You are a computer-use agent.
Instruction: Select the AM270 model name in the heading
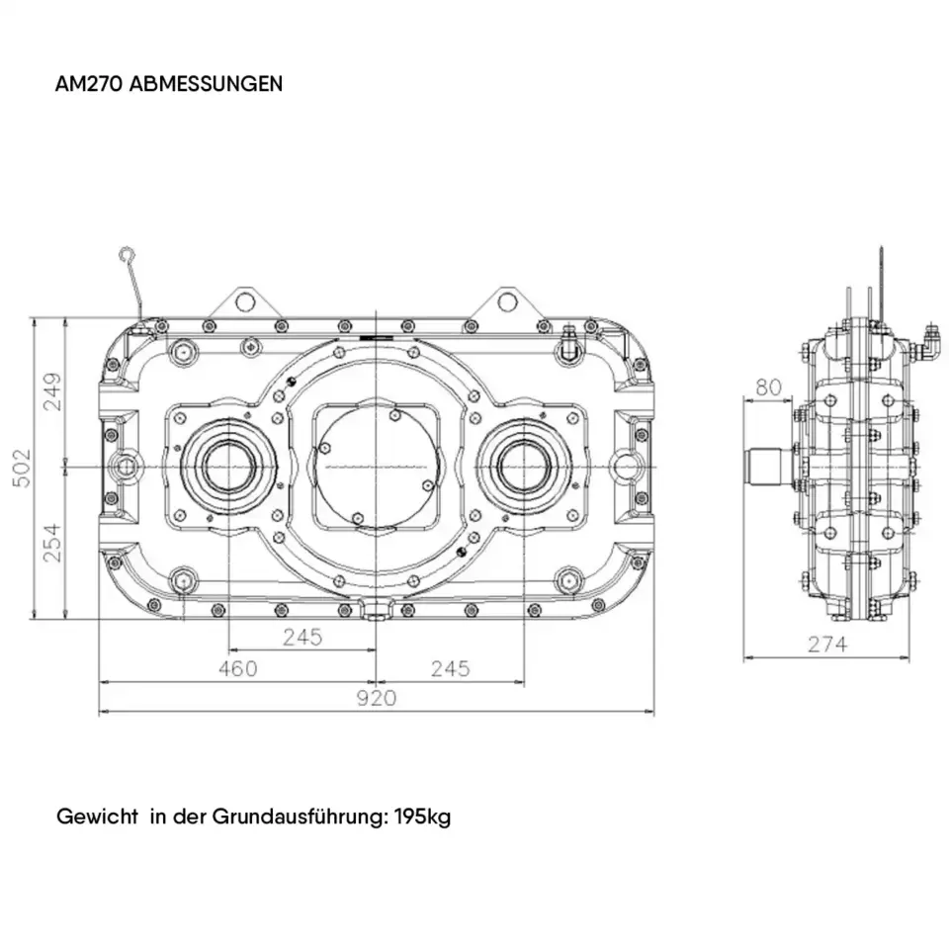(91, 83)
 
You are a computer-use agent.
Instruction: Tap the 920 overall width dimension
(376, 698)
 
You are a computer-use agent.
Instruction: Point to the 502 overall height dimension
(20, 468)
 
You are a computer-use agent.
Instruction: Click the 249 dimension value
(51, 390)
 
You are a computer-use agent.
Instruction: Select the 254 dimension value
(51, 542)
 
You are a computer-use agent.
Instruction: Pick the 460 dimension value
(237, 669)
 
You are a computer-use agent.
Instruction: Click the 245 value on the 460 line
(450, 669)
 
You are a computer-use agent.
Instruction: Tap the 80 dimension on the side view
(768, 387)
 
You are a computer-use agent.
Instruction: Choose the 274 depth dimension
(827, 645)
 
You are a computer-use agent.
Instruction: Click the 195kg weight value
(422, 818)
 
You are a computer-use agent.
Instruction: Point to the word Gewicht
(97, 818)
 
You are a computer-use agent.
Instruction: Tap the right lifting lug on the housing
(506, 300)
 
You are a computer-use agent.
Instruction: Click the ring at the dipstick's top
(126, 256)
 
